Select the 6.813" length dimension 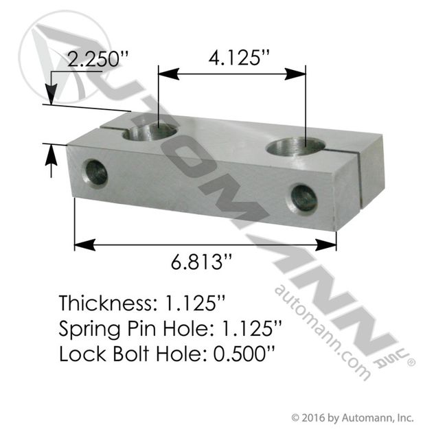click(201, 262)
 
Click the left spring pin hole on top click(150, 132)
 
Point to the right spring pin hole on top click(295, 147)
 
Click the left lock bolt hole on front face click(94, 173)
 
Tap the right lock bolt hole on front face click(303, 198)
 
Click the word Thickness click(105, 303)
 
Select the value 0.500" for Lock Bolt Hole click(244, 354)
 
